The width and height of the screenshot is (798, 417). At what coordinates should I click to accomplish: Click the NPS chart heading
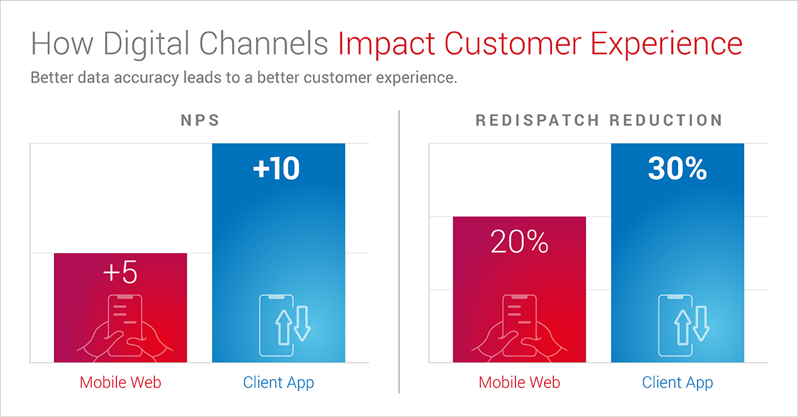pyautogui.click(x=200, y=120)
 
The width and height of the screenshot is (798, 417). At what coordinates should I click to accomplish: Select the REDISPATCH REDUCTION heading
pyautogui.click(x=599, y=120)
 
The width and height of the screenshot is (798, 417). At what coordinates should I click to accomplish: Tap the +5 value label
pyautogui.click(x=120, y=272)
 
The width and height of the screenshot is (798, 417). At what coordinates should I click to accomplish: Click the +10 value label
pyautogui.click(x=277, y=168)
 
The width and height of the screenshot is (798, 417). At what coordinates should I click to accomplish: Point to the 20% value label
pyautogui.click(x=519, y=242)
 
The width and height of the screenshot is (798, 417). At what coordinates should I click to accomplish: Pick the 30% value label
pyautogui.click(x=677, y=168)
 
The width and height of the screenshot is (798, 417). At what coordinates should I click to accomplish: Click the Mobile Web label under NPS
pyautogui.click(x=120, y=382)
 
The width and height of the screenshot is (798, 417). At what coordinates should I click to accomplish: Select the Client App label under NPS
pyautogui.click(x=279, y=383)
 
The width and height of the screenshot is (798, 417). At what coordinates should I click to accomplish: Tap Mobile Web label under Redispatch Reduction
pyautogui.click(x=519, y=382)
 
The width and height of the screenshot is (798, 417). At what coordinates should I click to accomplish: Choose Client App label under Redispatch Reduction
pyautogui.click(x=678, y=383)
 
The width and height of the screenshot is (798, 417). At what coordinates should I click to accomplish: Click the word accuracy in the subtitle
pyautogui.click(x=146, y=78)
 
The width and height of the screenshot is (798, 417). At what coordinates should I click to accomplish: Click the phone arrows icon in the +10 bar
pyautogui.click(x=285, y=325)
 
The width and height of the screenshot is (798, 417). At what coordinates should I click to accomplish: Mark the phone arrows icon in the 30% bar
pyautogui.click(x=684, y=325)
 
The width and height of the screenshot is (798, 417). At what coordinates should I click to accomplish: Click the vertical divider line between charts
pyautogui.click(x=399, y=252)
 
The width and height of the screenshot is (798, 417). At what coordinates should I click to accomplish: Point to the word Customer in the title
pyautogui.click(x=513, y=44)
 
